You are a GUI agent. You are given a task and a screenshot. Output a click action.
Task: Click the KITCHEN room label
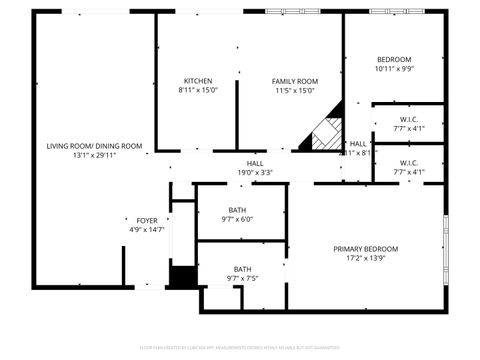coord(197,81)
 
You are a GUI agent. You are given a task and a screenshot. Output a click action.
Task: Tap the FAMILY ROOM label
coord(295,81)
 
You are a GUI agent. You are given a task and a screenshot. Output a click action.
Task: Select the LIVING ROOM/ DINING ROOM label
coord(94,146)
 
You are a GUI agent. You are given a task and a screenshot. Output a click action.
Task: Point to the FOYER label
coord(147,220)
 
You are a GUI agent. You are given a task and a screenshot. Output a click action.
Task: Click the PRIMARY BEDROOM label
coord(365,249)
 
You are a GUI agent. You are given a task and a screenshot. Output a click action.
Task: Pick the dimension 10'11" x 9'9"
coord(394,69)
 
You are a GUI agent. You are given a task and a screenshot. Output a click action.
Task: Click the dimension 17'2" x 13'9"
coord(365,259)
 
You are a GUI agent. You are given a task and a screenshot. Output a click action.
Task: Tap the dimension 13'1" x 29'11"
coord(94,156)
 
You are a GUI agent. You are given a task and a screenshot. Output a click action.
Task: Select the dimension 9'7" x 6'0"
coord(237,219)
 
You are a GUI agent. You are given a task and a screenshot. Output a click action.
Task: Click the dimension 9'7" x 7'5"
coord(243,279)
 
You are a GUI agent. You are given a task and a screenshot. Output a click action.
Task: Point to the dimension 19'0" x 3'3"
coord(255,172)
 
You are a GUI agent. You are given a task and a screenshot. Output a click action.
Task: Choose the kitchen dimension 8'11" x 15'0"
coord(197,91)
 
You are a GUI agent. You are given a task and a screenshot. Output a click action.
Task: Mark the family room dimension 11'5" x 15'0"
coord(295,91)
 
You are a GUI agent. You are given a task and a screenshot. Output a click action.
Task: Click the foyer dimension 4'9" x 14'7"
coord(147,230)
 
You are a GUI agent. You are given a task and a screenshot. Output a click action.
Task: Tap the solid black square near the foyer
coord(182,277)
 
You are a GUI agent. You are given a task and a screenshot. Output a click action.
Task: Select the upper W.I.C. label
coord(408,119)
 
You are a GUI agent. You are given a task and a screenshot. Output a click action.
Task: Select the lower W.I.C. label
coord(408,162)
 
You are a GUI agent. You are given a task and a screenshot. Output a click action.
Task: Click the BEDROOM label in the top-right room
coord(394,59)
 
